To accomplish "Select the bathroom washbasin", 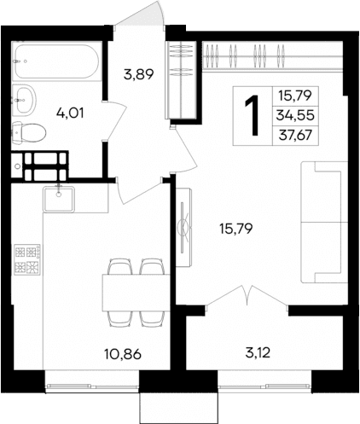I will click(25, 98).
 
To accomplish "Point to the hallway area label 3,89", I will click(138, 75).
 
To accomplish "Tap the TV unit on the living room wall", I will click(183, 229).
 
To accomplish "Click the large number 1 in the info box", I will click(252, 115).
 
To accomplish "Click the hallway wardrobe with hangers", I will click(182, 77).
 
